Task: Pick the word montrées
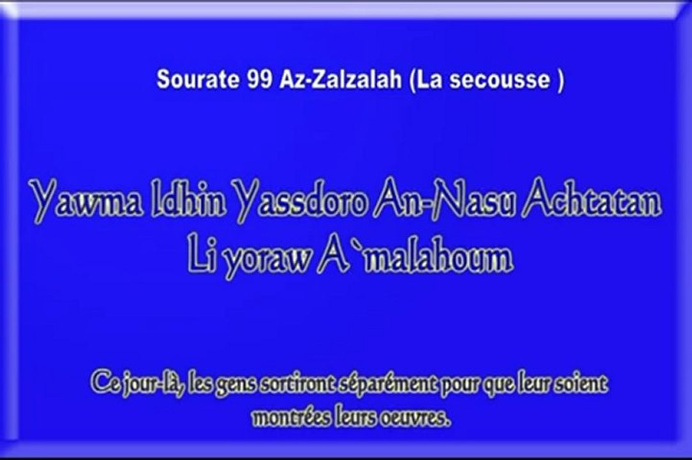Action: click(x=284, y=418)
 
